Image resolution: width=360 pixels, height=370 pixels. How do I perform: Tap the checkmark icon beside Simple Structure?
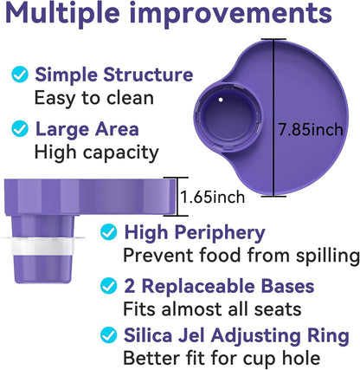[x=18, y=75]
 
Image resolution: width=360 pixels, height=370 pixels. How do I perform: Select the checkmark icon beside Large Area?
[x=18, y=130]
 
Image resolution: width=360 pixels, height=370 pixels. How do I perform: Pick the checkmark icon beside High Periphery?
[x=108, y=232]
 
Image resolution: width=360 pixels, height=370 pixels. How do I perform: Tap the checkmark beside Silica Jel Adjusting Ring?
[x=108, y=334]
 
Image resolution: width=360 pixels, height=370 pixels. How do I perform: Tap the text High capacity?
[x=95, y=153]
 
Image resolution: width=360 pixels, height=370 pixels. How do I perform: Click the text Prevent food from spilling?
[x=241, y=256]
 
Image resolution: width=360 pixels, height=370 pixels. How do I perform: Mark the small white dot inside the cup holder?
[x=222, y=100]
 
